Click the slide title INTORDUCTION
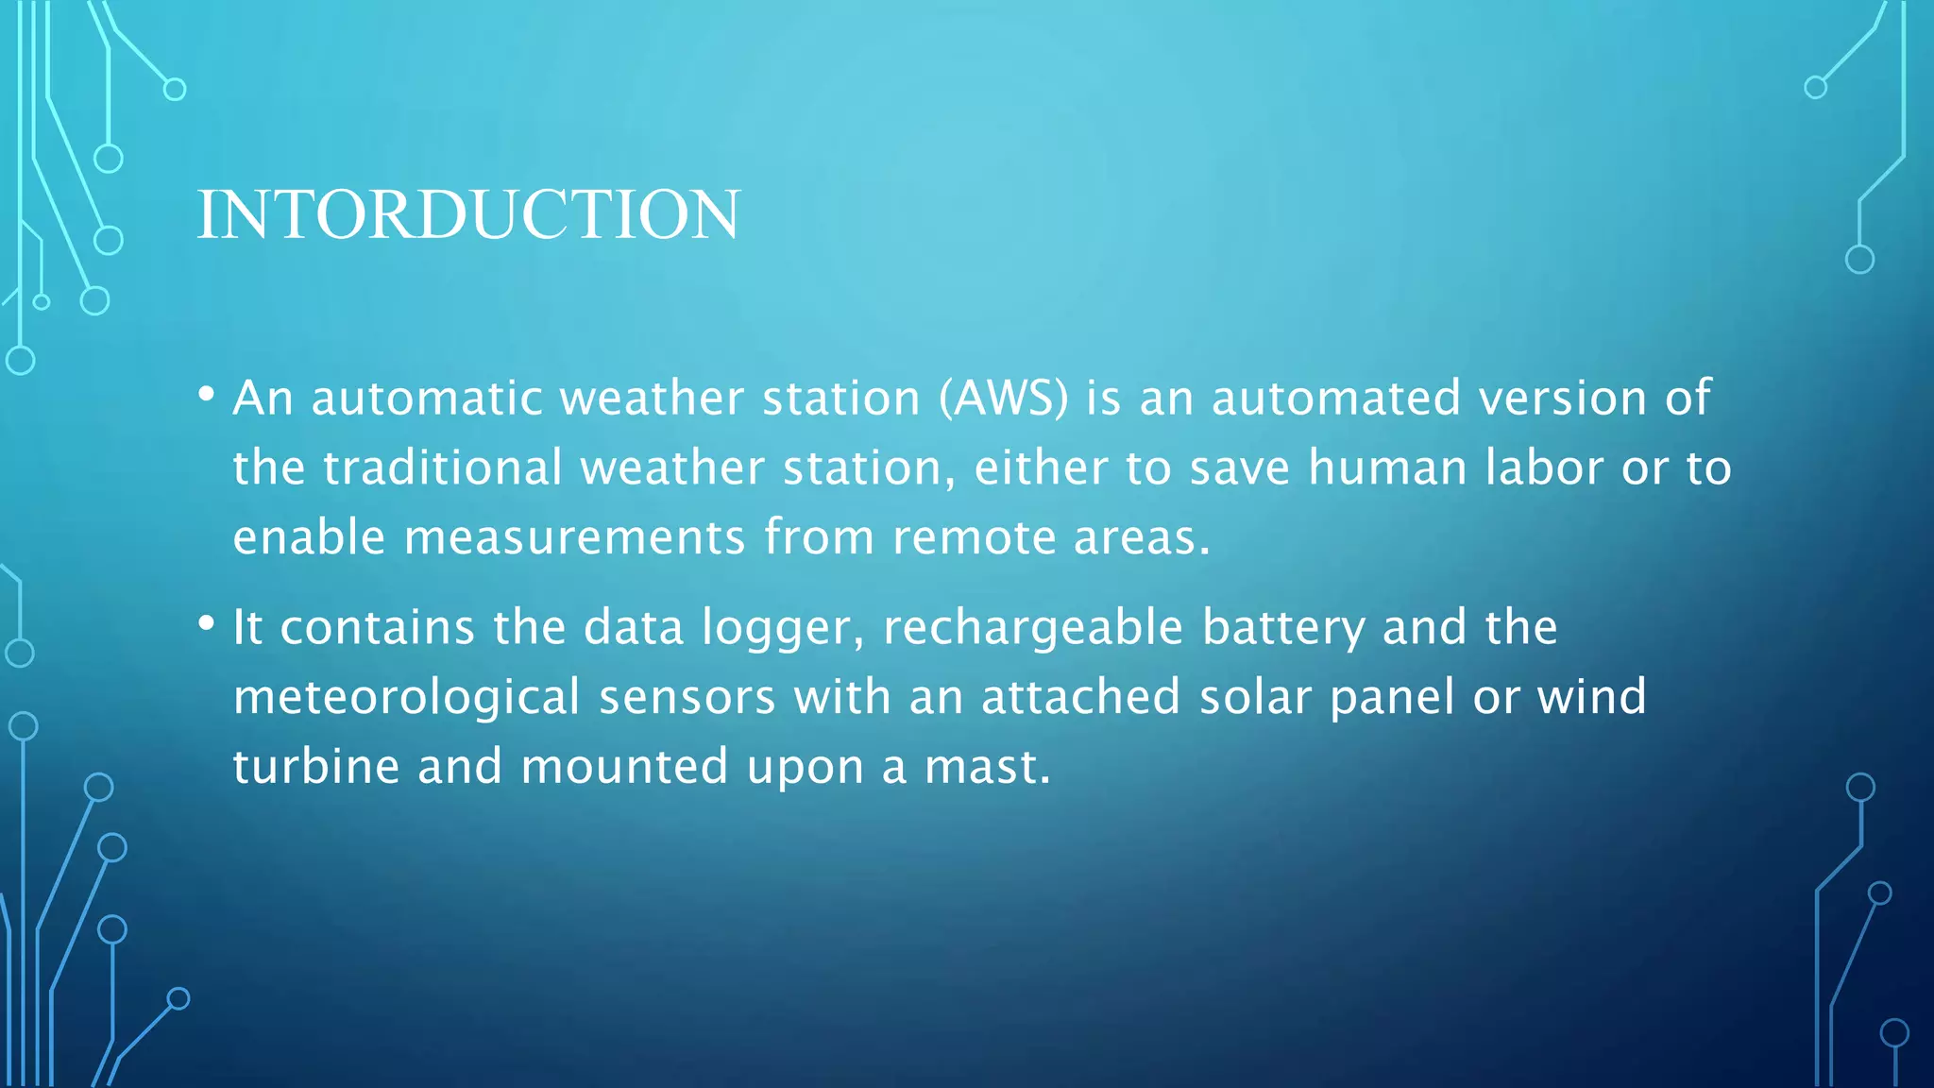pyautogui.click(x=468, y=214)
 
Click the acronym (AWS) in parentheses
pyautogui.click(x=1004, y=398)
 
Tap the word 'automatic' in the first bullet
pyautogui.click(x=427, y=398)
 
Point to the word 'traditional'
pyautogui.click(x=443, y=467)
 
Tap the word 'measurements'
pyautogui.click(x=575, y=537)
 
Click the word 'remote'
pyautogui.click(x=974, y=537)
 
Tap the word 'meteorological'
pyautogui.click(x=406, y=698)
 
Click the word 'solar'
pyautogui.click(x=1255, y=697)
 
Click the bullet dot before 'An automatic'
pyautogui.click(x=207, y=394)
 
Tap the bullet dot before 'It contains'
pyautogui.click(x=207, y=623)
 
